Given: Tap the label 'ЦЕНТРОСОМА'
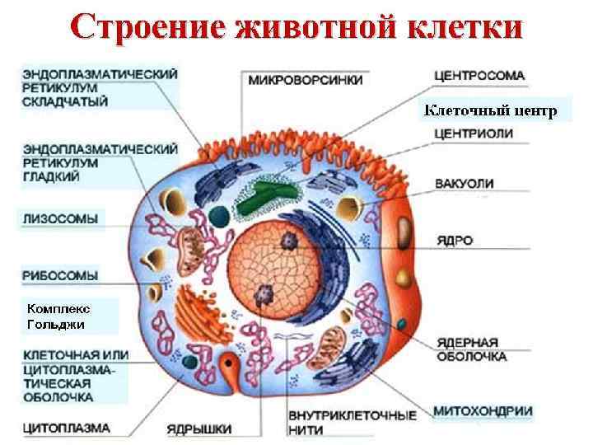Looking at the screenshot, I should pos(479,76).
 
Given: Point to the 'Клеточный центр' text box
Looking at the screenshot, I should pos(491,109).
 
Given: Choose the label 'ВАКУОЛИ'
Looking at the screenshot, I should pos(464,184).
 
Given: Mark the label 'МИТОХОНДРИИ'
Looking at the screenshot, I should pos(483,410).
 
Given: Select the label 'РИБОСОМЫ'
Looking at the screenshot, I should pos(61,274).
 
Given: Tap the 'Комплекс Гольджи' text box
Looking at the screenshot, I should pos(59,316).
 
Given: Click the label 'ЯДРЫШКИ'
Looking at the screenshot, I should pos(198,429).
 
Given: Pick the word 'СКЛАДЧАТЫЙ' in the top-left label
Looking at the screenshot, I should pos(66,101).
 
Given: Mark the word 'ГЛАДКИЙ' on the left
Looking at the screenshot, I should pos(51,176).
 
